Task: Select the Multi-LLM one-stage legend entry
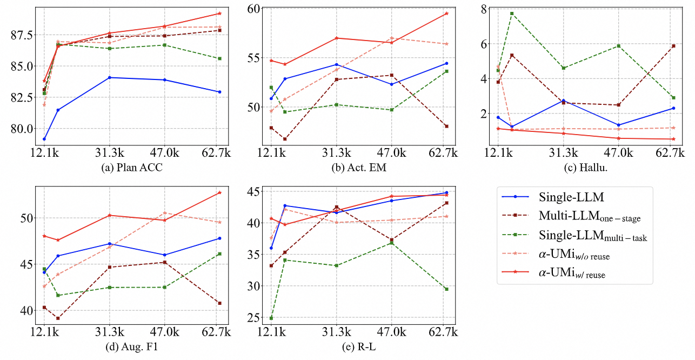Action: point(586,216)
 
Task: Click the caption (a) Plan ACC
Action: point(132,168)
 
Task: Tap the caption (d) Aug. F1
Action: point(132,346)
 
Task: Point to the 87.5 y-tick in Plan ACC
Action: point(21,35)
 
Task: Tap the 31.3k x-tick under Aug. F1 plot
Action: point(110,331)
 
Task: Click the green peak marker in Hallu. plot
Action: point(511,13)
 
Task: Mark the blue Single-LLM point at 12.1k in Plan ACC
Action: point(44,139)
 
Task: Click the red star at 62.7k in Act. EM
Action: point(446,13)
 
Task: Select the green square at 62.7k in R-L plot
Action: point(446,289)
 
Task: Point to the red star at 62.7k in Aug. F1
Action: point(219,192)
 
